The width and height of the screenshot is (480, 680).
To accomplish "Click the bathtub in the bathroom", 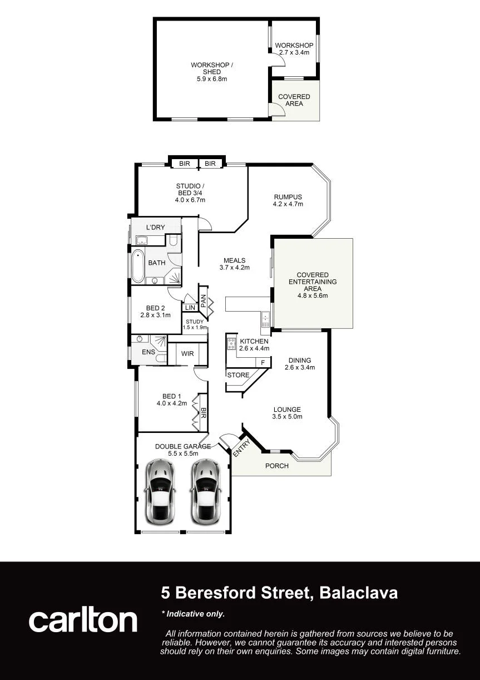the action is point(138,266).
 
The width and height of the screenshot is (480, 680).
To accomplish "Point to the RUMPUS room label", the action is point(288,197).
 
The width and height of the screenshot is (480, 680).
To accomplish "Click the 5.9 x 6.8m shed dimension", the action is point(212,79).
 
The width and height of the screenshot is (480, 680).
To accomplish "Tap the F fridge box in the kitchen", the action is point(263,362).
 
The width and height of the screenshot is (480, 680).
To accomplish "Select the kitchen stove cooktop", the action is point(231,343).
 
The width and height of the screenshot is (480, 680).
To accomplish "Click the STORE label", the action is point(238,375).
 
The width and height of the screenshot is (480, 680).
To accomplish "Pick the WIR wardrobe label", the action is point(187,353).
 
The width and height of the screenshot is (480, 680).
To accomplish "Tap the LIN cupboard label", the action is point(190,308).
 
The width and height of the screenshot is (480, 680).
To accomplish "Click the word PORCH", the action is point(277,466).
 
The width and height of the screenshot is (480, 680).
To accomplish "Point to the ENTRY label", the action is point(241,449).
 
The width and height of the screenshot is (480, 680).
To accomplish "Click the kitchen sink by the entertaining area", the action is point(265,319).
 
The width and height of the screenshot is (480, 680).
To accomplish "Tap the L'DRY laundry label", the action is point(156,228).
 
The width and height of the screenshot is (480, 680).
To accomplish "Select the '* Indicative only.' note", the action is point(193,614).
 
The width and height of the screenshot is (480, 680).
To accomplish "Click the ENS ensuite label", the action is point(149,352).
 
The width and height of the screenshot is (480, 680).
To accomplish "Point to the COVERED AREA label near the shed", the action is point(294,100).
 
